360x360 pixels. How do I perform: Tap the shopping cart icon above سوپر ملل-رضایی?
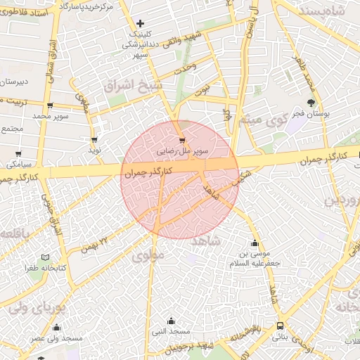coord(183,140)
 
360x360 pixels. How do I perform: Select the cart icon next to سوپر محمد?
coord(50,105)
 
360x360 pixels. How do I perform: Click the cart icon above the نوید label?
coord(94,140)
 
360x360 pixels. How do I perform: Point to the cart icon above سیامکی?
coord(18,154)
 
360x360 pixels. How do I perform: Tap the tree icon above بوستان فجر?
coord(311,103)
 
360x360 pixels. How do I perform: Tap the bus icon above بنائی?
coord(281,326)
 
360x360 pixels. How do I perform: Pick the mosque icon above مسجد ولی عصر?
coord(57,328)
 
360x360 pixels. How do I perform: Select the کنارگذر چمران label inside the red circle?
coord(147,172)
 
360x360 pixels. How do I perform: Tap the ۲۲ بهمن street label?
coord(95,244)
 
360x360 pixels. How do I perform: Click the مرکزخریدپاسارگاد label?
coord(87,6)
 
